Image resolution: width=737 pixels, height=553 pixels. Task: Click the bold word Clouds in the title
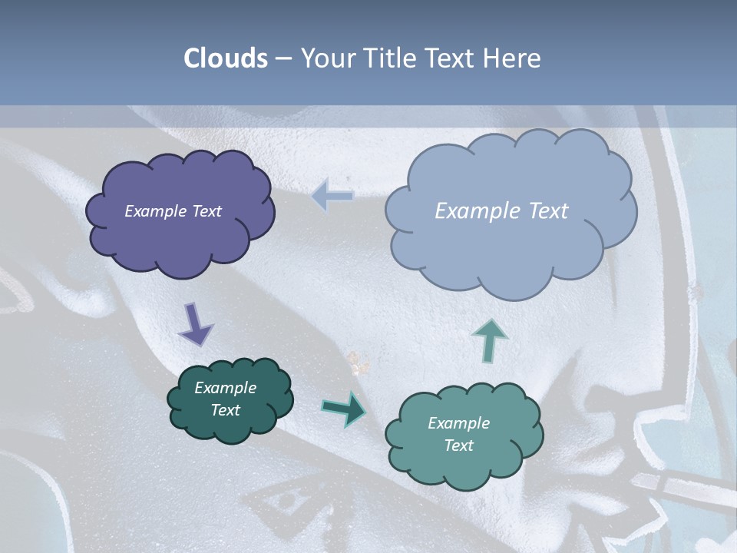(226, 58)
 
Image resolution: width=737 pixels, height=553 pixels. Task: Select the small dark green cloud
(230, 426)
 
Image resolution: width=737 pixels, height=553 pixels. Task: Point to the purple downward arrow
(195, 323)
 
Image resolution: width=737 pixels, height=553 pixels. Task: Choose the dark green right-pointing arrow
(344, 408)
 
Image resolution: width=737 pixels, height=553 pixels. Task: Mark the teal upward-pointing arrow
(489, 339)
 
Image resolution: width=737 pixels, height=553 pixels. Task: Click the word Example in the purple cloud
(156, 211)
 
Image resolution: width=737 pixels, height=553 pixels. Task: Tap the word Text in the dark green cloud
(226, 410)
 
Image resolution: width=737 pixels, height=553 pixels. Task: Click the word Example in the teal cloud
(458, 423)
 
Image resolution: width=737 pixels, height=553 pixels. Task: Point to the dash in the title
(283, 58)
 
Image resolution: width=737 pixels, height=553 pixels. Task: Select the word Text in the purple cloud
(207, 211)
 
